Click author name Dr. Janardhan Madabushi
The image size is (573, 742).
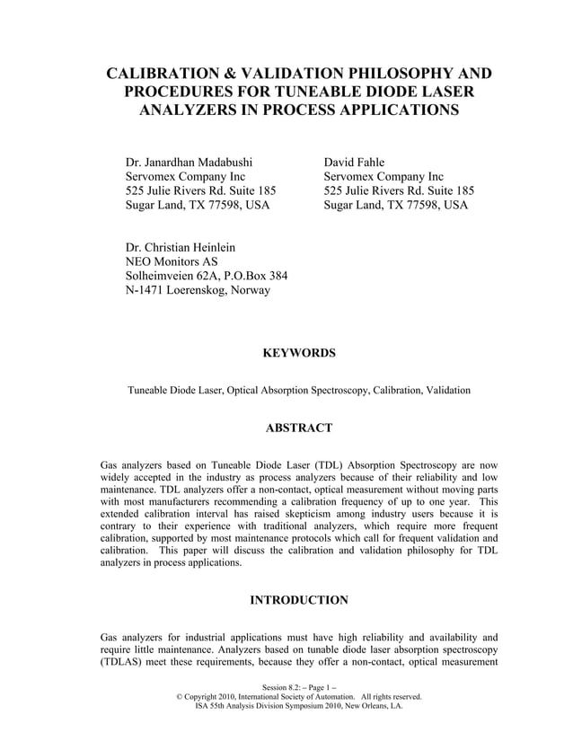pos(189,162)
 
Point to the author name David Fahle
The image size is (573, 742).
pos(355,162)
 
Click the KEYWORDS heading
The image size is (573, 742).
pos(298,353)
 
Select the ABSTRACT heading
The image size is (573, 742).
pos(298,428)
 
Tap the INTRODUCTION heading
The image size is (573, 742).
pos(298,599)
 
